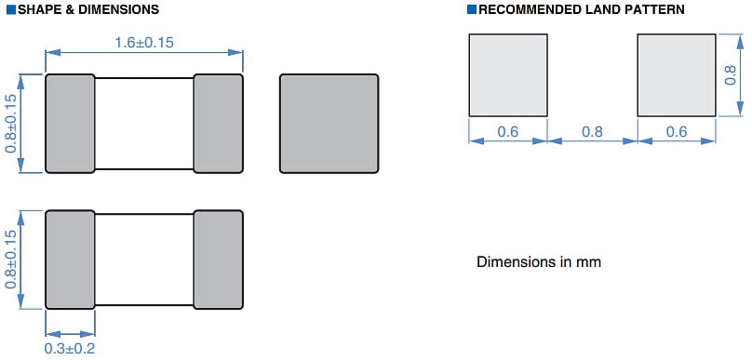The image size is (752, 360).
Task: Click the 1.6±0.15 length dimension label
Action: (x=144, y=43)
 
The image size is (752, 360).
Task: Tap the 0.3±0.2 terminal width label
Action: (x=70, y=349)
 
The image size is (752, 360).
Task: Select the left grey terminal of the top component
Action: (x=70, y=123)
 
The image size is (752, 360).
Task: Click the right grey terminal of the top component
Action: (x=218, y=123)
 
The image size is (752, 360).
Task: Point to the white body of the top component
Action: (x=143, y=123)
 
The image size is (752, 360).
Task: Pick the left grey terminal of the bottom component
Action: (x=70, y=260)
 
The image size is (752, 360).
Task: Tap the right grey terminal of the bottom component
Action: (x=218, y=260)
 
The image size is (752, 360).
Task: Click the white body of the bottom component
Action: (x=143, y=260)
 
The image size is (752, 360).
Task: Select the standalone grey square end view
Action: (x=329, y=123)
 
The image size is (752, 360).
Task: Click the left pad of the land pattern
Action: (x=507, y=75)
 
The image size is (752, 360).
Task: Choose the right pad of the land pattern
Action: (x=677, y=75)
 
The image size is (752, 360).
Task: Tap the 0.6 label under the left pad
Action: (x=507, y=132)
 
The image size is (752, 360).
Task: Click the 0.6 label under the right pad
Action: (x=677, y=132)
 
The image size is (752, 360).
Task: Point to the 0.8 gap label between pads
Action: (x=592, y=132)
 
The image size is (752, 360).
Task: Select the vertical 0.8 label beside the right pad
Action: (x=730, y=74)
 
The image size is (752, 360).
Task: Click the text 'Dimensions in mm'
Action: (x=539, y=261)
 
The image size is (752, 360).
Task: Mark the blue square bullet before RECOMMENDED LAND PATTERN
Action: (x=471, y=9)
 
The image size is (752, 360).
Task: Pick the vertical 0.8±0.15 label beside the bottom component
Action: (x=11, y=260)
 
